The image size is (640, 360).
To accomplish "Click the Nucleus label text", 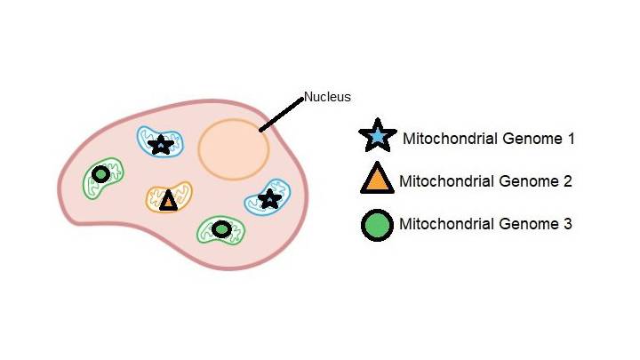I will pyautogui.click(x=328, y=96).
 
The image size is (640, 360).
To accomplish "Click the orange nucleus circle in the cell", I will pyautogui.click(x=234, y=148).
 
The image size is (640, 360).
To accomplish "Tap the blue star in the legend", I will pyautogui.click(x=377, y=138).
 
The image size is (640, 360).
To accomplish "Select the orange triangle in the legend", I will pyautogui.click(x=377, y=180).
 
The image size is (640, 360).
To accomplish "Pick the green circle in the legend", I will pyautogui.click(x=377, y=224).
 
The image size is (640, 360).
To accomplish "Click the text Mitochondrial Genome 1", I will pyautogui.click(x=489, y=139).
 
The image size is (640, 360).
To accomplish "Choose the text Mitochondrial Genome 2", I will pyautogui.click(x=485, y=181).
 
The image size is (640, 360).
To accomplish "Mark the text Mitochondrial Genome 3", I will pyautogui.click(x=485, y=224).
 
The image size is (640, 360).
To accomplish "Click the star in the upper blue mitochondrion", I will pyautogui.click(x=161, y=144).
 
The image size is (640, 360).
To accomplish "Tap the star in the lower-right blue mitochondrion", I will pyautogui.click(x=268, y=199).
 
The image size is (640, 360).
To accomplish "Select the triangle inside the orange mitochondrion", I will pyautogui.click(x=168, y=200).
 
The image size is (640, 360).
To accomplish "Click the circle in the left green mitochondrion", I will pyautogui.click(x=101, y=174).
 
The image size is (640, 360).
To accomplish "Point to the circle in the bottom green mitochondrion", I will pyautogui.click(x=221, y=230).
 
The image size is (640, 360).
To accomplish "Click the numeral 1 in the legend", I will pyautogui.click(x=572, y=139).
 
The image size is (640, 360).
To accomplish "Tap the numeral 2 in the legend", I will pyautogui.click(x=567, y=181).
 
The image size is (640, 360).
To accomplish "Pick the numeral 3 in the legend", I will pyautogui.click(x=567, y=224).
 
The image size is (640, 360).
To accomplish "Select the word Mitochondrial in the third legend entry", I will pyautogui.click(x=442, y=224).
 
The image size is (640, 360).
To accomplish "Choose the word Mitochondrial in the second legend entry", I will pyautogui.click(x=442, y=181).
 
